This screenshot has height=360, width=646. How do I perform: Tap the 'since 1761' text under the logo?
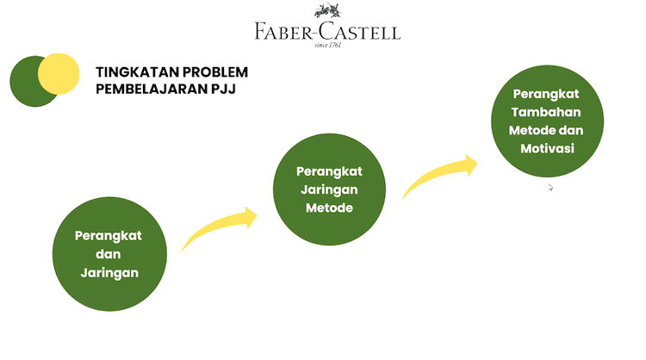pyautogui.click(x=328, y=46)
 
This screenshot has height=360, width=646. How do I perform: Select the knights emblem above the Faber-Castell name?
pyautogui.click(x=327, y=12)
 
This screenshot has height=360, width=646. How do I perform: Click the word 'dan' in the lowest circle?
pyautogui.click(x=108, y=254)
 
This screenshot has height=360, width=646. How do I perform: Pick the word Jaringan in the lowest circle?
pyautogui.click(x=109, y=271)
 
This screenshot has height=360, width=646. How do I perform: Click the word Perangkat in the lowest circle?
pyautogui.click(x=109, y=235)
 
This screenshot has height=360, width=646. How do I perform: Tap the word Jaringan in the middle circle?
pyautogui.click(x=328, y=189)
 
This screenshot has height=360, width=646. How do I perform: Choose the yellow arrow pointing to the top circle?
pyautogui.click(x=439, y=177)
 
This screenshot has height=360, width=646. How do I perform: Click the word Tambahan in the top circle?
pyautogui.click(x=545, y=112)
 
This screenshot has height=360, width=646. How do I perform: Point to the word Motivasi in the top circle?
pyautogui.click(x=548, y=149)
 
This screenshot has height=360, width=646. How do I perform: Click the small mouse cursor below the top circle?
pyautogui.click(x=550, y=187)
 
